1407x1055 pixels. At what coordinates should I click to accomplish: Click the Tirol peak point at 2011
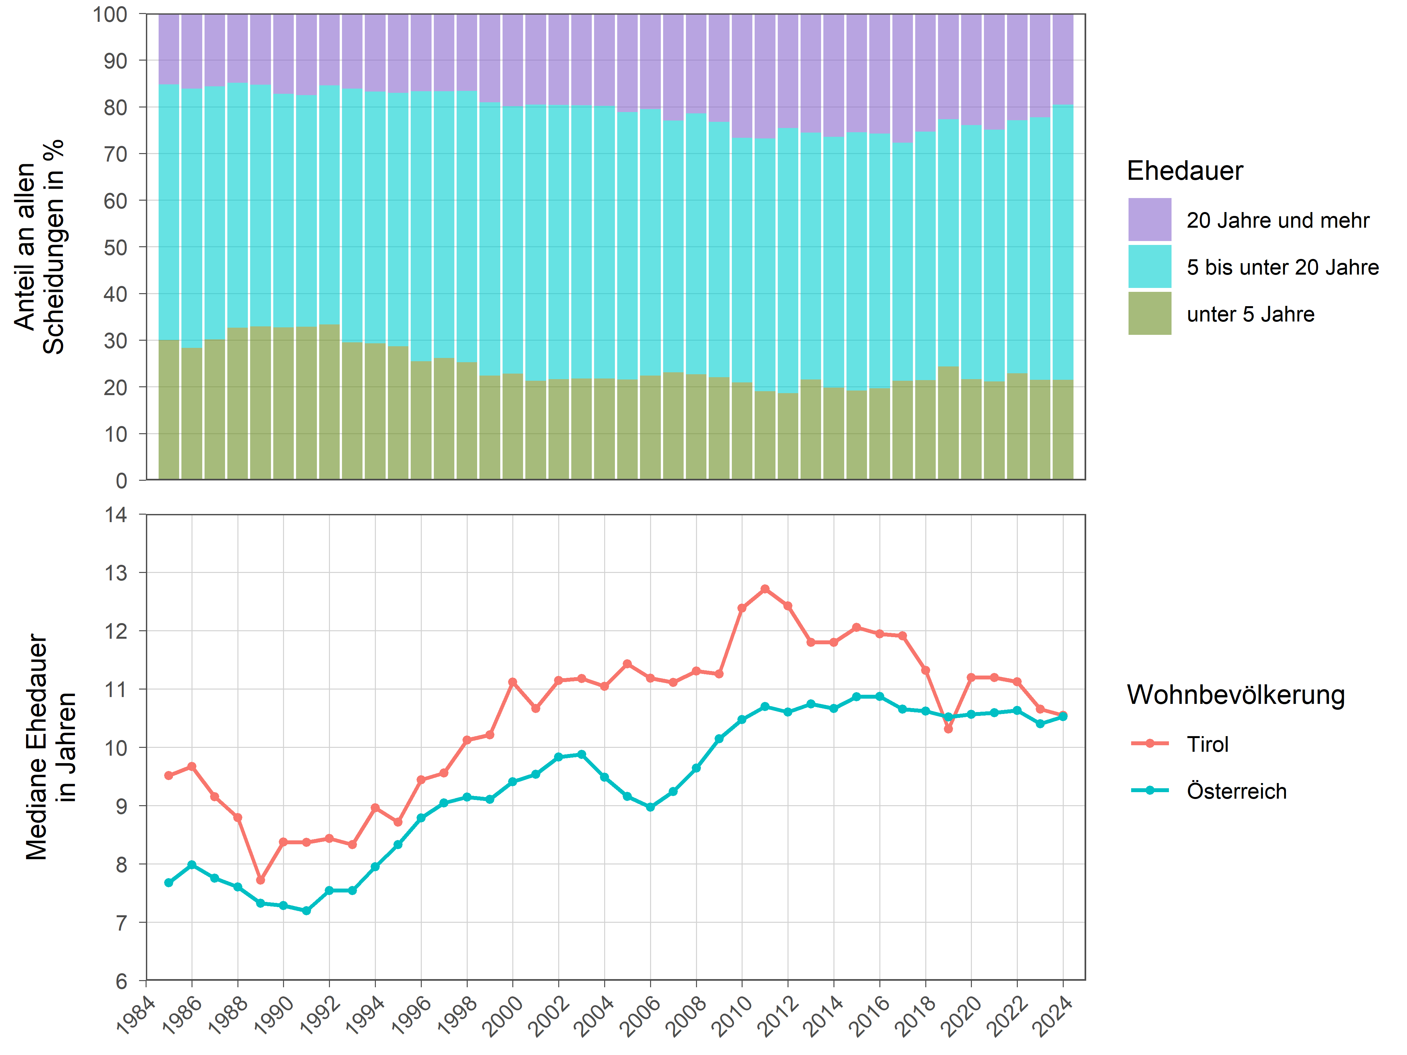pyautogui.click(x=764, y=589)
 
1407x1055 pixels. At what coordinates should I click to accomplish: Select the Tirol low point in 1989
pyautogui.click(x=260, y=880)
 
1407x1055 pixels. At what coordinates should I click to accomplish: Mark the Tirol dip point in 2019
pyautogui.click(x=948, y=729)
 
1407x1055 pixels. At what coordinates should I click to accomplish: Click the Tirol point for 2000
pyautogui.click(x=513, y=682)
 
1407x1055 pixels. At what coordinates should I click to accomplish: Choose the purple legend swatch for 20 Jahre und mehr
pyautogui.click(x=1149, y=220)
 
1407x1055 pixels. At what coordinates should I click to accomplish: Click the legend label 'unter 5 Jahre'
pyautogui.click(x=1250, y=314)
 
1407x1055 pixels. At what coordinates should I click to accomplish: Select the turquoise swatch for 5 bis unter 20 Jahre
pyautogui.click(x=1149, y=267)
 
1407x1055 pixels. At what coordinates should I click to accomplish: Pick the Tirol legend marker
pyautogui.click(x=1149, y=743)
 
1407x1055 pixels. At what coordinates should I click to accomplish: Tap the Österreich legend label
pyautogui.click(x=1236, y=791)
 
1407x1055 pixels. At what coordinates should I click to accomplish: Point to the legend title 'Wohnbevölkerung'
pyautogui.click(x=1235, y=695)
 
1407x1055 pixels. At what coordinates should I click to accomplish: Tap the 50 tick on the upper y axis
pyautogui.click(x=116, y=248)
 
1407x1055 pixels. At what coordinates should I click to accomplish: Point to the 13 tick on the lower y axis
pyautogui.click(x=116, y=573)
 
